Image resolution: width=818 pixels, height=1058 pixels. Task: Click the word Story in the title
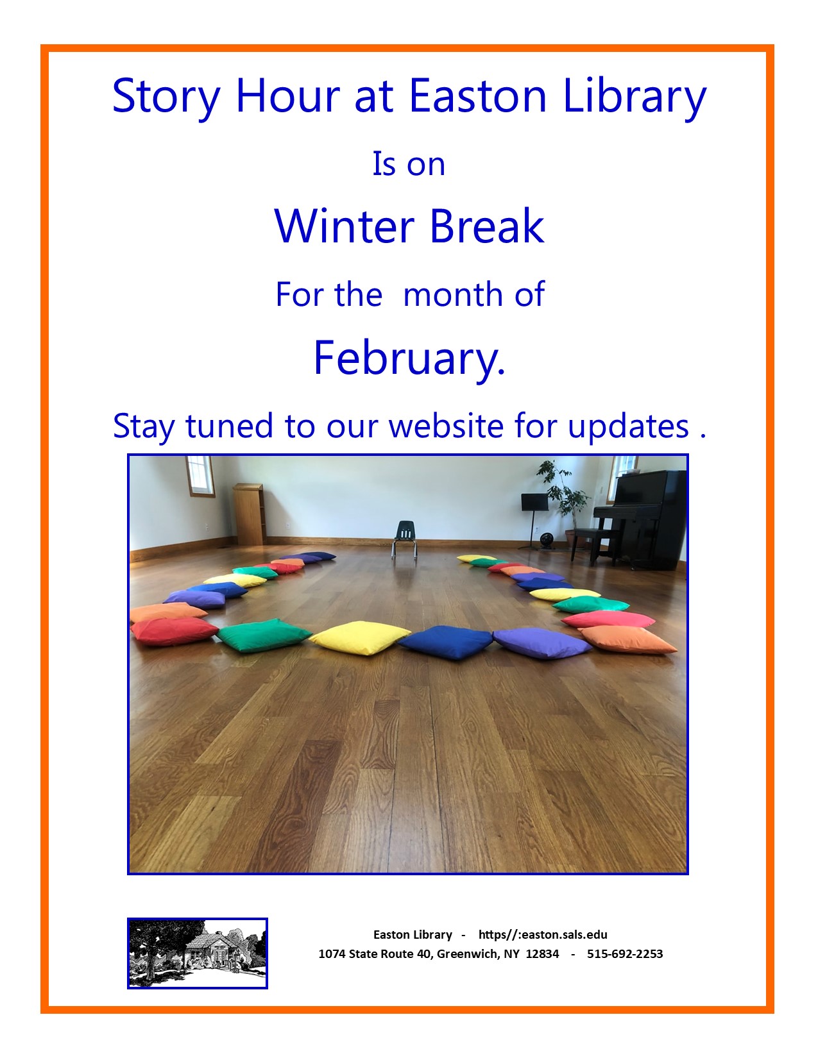coord(166,97)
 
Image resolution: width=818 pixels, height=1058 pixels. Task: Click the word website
coord(446,426)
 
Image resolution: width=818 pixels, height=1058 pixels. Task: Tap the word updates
coord(629,426)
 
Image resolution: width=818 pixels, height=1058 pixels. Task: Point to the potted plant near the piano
coord(564,499)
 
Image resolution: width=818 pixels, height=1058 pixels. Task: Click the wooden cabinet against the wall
coord(250,514)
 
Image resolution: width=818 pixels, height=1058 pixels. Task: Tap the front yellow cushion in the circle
coord(359,637)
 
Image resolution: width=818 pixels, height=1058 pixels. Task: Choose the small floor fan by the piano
coord(547,541)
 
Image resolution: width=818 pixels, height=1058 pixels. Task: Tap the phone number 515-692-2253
coord(625,954)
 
